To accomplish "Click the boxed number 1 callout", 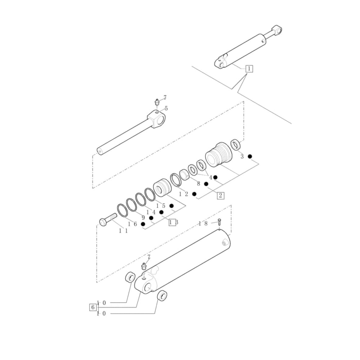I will (249, 68).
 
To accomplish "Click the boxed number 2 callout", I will (220, 195).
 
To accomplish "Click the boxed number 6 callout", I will (93, 307).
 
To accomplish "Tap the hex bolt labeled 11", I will (107, 220).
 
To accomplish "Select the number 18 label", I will (203, 224).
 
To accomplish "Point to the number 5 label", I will (166, 108).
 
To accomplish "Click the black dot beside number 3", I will (249, 156).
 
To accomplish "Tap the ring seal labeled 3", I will (236, 145).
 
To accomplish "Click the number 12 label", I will (184, 194).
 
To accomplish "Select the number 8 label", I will (198, 184).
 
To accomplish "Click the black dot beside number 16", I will (143, 224).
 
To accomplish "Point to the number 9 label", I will (143, 217).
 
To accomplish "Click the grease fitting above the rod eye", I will (157, 102).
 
